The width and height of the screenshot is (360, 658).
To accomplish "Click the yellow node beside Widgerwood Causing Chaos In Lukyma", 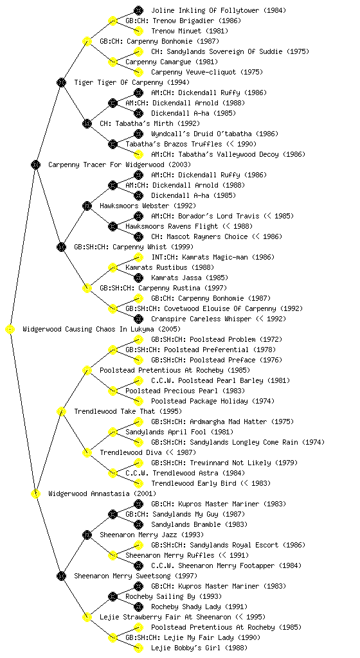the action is [10, 330].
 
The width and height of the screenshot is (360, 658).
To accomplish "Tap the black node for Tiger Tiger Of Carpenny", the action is [61, 82].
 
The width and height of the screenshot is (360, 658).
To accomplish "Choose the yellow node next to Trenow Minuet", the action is [138, 31].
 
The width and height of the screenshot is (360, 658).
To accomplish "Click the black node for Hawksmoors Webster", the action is [87, 206].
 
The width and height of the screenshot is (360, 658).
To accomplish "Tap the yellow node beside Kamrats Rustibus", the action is [113, 267].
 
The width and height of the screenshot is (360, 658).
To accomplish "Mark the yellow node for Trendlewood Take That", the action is [61, 411].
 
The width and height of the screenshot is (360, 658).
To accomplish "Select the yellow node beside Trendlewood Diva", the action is [87, 452].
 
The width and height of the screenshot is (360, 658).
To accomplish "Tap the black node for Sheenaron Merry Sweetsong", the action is [61, 576].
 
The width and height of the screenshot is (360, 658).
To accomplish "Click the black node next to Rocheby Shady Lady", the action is [138, 607].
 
